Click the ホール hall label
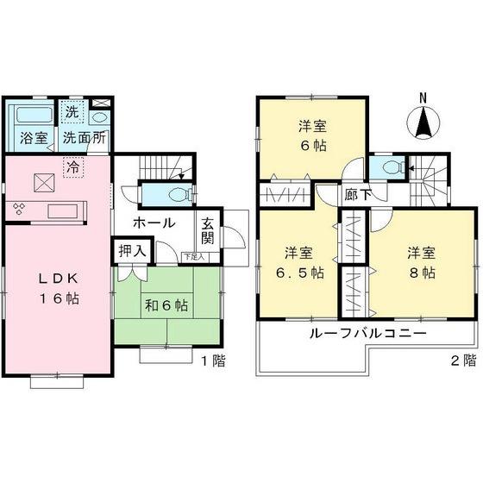(x=154, y=223)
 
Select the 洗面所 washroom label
(x=85, y=137)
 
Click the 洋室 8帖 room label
(x=422, y=262)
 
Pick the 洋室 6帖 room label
(x=311, y=135)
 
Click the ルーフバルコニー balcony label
(x=354, y=335)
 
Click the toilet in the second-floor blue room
(x=392, y=166)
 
